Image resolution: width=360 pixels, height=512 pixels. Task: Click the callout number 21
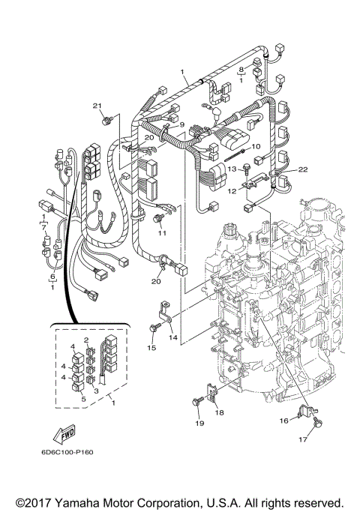point(96,105)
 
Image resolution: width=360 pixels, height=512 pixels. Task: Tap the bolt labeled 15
point(154,328)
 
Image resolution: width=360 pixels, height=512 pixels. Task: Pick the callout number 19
point(199,424)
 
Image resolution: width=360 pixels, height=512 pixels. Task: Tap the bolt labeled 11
point(158,218)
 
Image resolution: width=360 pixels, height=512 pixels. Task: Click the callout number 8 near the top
point(241,69)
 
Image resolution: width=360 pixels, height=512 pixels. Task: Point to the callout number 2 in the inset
point(88,340)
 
